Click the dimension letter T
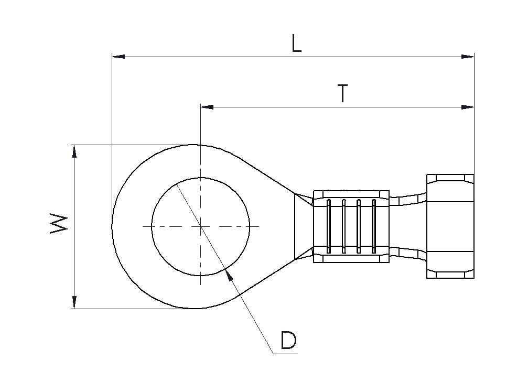[342, 94]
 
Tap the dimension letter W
[59, 223]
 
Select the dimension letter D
[288, 340]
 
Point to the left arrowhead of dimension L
[118, 57]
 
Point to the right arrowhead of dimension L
[468, 57]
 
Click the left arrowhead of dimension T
[207, 107]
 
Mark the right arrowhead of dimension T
[468, 107]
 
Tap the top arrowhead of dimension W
[74, 151]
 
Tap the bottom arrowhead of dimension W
[74, 302]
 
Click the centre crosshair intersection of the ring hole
[201, 226]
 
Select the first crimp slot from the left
[329, 226]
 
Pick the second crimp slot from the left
[343, 226]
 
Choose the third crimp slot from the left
[359, 226]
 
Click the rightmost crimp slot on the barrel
[373, 226]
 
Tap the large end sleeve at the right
[450, 226]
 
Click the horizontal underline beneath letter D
[285, 353]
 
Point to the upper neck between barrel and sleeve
[408, 200]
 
